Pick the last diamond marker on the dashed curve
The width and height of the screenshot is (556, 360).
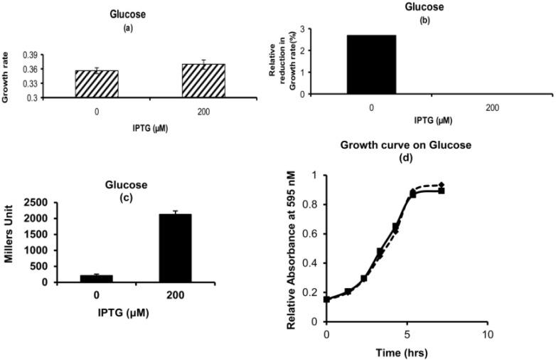point(441,185)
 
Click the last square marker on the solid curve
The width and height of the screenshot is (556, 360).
point(441,191)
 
